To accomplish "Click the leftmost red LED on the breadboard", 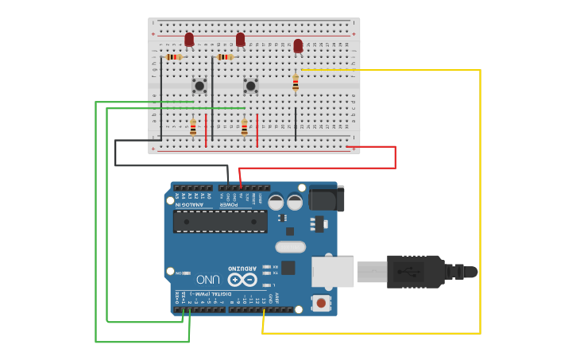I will [189, 39].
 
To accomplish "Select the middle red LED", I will [240, 39].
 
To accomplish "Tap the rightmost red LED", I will [298, 46].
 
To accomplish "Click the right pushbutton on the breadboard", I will [250, 85].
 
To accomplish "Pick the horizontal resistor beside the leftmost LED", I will [174, 57].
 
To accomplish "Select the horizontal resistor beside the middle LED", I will [226, 57].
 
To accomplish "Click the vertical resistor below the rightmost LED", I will [296, 82].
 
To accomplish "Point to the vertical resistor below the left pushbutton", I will [193, 127].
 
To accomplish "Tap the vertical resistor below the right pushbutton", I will [245, 127].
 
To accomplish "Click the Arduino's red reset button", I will [321, 302].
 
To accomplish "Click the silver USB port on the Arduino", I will [332, 272].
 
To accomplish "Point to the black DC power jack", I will [326, 199].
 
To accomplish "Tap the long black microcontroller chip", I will [220, 221].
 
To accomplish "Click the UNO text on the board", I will [208, 280].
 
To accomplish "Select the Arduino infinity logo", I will [242, 280].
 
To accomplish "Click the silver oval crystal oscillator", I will [291, 246].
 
